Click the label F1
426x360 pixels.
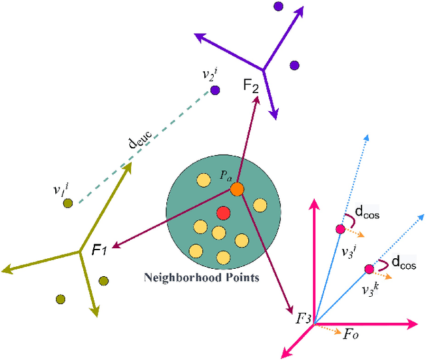(98, 251)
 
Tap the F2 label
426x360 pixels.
(251, 87)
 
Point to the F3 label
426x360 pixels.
(304, 319)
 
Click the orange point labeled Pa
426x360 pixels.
(237, 190)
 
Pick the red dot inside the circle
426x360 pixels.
(223, 213)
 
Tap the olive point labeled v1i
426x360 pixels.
(67, 203)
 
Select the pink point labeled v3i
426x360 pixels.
(340, 230)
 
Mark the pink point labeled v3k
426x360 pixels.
(369, 270)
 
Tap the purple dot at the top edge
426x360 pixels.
(278, 6)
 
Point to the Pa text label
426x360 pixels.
(226, 176)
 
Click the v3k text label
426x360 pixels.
(371, 290)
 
